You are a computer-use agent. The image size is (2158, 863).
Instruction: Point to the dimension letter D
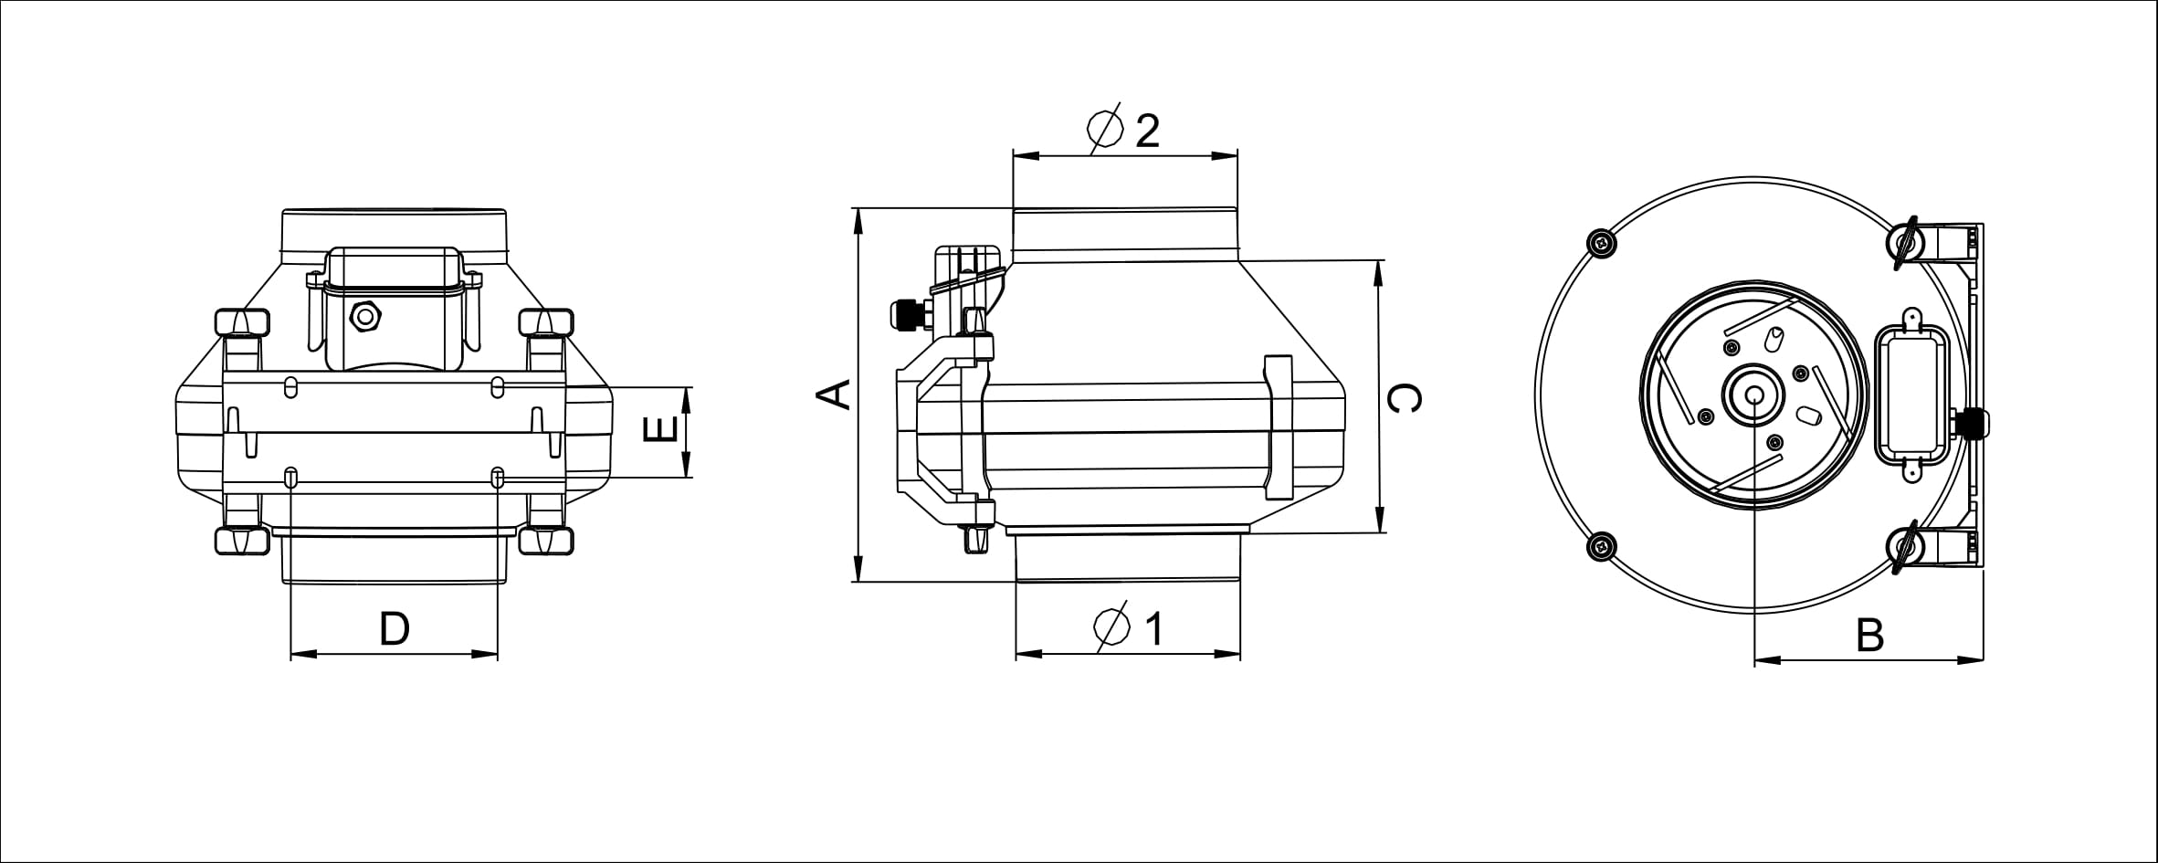point(395,629)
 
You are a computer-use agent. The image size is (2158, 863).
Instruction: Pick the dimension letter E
point(660,428)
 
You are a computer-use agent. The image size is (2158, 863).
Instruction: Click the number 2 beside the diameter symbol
point(1147,131)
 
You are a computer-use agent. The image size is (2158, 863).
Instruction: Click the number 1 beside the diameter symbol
point(1154,628)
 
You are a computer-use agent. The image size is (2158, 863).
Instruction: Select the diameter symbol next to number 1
point(1112,627)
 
